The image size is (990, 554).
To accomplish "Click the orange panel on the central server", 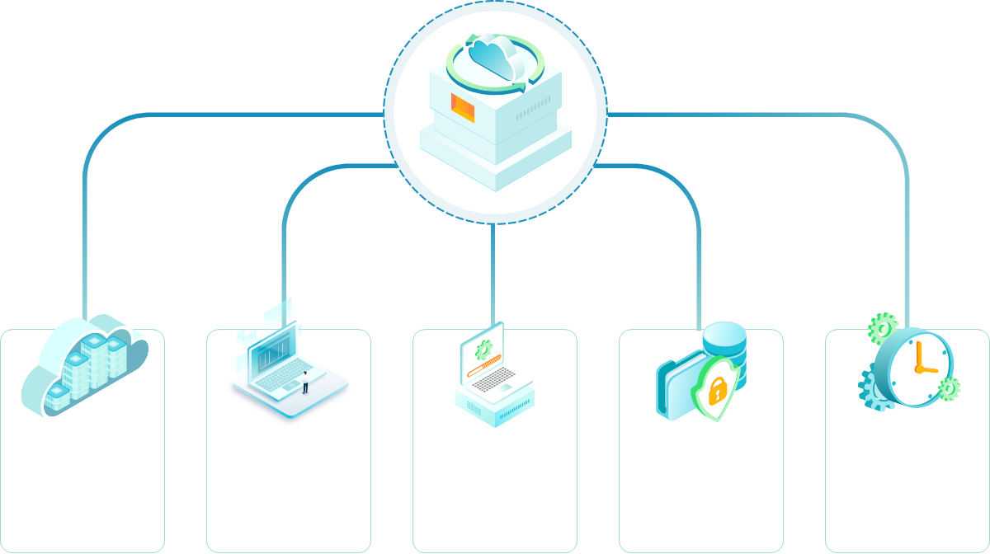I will pos(463,108).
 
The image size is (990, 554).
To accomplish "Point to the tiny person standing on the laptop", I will pos(304,381).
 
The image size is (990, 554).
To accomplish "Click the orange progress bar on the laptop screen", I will pos(483,368).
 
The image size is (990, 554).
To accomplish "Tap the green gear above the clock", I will pos(882,327).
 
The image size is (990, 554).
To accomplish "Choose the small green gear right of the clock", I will pos(949,387).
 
